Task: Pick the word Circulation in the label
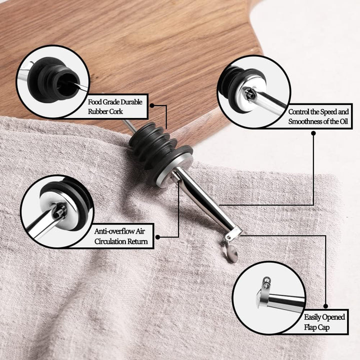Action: pyautogui.click(x=110, y=241)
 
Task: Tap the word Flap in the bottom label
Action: pyautogui.click(x=310, y=327)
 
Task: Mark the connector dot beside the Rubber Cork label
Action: pyautogui.click(x=152, y=105)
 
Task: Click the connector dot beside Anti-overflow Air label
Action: pyautogui.click(x=157, y=237)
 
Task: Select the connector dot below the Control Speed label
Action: pyautogui.click(x=313, y=133)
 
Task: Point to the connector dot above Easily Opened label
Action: pyautogui.click(x=325, y=306)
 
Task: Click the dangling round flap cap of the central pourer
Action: pyautogui.click(x=230, y=253)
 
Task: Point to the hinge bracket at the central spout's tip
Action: pyautogui.click(x=233, y=234)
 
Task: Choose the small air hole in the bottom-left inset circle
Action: pyautogui.click(x=59, y=212)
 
